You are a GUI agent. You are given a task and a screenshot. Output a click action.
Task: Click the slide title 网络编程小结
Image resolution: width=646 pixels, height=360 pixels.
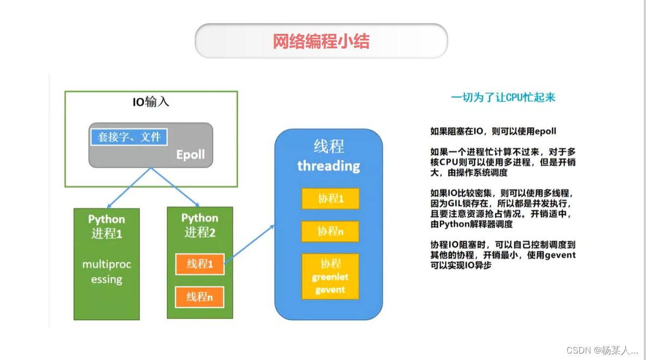pyautogui.click(x=321, y=41)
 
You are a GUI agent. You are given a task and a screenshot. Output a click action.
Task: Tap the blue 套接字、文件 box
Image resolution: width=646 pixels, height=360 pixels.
pyautogui.click(x=130, y=137)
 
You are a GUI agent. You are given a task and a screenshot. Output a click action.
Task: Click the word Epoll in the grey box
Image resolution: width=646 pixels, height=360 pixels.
pyautogui.click(x=190, y=155)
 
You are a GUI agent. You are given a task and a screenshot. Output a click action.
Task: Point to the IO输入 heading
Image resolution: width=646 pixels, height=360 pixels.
pyautogui.click(x=151, y=102)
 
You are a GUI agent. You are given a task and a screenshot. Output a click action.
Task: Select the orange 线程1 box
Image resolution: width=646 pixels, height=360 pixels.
pyautogui.click(x=200, y=264)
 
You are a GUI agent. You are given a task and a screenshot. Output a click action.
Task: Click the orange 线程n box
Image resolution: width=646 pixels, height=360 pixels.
pyautogui.click(x=200, y=297)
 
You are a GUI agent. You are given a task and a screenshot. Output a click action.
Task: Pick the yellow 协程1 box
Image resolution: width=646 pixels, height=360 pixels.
pyautogui.click(x=331, y=199)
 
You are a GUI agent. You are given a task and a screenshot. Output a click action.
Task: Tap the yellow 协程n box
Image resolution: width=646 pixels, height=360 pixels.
pyautogui.click(x=331, y=231)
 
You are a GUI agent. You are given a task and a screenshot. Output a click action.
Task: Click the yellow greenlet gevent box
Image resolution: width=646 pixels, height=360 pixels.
pyautogui.click(x=331, y=277)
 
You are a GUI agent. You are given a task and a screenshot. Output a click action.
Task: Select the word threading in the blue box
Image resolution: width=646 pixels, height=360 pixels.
pyautogui.click(x=328, y=165)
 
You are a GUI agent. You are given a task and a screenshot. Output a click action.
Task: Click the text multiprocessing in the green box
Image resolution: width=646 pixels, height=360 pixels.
pyautogui.click(x=106, y=272)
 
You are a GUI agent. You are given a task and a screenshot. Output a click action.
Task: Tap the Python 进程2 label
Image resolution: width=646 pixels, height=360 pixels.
pyautogui.click(x=200, y=225)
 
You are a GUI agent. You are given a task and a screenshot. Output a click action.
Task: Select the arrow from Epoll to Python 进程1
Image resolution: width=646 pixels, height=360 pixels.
pyautogui.click(x=129, y=188)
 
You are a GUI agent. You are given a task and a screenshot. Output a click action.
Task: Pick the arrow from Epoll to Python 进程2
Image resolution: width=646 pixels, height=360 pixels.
pyautogui.click(x=176, y=188)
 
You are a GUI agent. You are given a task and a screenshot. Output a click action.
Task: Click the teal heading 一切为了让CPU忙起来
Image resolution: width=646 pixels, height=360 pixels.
pyautogui.click(x=503, y=97)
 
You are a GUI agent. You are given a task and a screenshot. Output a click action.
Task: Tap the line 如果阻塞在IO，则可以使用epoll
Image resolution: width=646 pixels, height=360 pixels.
pyautogui.click(x=493, y=131)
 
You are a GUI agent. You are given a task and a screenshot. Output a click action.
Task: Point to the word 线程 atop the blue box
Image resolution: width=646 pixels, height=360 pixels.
pyautogui.click(x=328, y=147)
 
